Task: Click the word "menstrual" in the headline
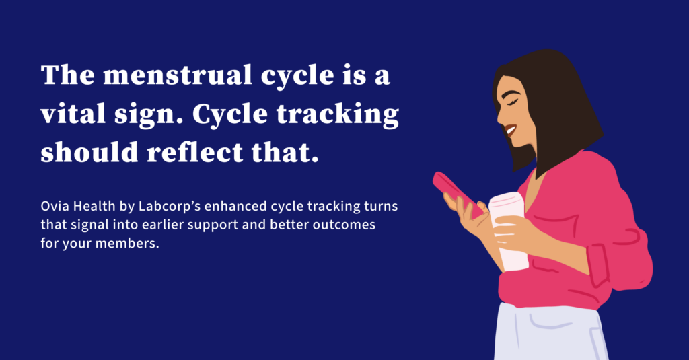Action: click(177, 75)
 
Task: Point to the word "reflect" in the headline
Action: click(194, 152)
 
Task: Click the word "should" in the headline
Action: click(89, 152)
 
